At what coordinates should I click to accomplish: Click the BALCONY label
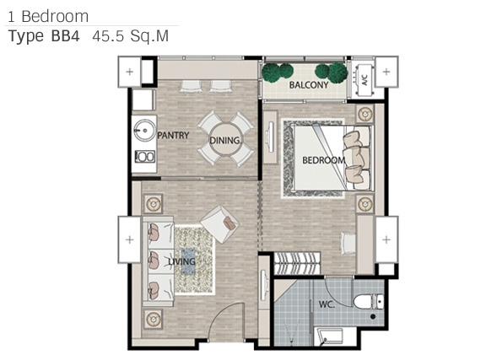pos(309,85)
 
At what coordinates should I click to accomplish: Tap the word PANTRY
pos(173,136)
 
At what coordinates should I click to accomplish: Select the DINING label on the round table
pos(225,140)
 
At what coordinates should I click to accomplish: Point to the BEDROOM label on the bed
pos(324,160)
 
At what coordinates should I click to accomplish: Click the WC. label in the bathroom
pos(327,304)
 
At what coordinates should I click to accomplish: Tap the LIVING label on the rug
pos(182,261)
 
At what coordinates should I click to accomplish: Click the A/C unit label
pos(364,80)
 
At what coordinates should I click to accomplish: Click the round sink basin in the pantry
pos(144,131)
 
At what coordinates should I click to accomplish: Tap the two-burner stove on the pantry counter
pos(145,157)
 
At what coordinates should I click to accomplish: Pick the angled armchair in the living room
pos(219,224)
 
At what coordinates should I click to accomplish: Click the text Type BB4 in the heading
pos(44,36)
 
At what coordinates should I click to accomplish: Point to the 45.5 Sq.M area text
pos(131,36)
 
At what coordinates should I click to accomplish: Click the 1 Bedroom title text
pos(48,16)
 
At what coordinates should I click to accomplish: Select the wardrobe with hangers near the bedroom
pos(297,263)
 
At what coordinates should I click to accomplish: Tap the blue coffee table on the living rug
pos(188,261)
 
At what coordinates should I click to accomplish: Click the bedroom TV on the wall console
pos(271,137)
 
